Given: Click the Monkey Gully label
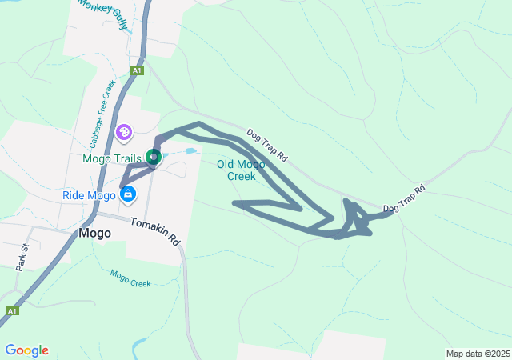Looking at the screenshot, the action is (103, 14).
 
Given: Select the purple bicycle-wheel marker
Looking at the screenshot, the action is (124, 131).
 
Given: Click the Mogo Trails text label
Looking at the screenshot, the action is (113, 158).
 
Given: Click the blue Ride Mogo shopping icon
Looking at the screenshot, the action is (128, 194).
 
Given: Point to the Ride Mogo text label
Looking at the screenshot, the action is (90, 195).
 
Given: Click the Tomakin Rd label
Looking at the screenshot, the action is (155, 231).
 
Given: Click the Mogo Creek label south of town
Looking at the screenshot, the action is (130, 278).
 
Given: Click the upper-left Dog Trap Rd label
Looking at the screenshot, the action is (266, 145).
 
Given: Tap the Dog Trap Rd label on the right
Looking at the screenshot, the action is (403, 200).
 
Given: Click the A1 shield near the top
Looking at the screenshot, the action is (138, 70).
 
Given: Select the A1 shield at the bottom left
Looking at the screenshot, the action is (12, 310).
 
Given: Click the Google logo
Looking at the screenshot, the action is (26, 350).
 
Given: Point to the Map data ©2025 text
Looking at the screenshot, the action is (477, 354).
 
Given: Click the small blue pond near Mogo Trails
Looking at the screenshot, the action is (191, 150).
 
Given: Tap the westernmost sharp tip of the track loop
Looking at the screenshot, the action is (234, 203).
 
